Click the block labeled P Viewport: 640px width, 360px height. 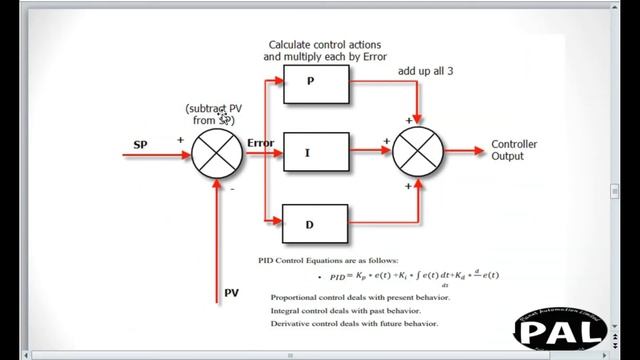coord(316,86)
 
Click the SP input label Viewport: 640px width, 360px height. coord(141,145)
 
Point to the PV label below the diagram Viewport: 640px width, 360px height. coord(231,294)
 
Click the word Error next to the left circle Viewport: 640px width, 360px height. coord(260,144)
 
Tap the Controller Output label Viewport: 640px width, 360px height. coord(514,150)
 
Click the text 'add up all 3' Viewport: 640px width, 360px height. coord(431,71)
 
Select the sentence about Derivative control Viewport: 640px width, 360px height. coord(356,323)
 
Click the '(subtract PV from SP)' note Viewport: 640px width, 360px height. coord(214,114)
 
